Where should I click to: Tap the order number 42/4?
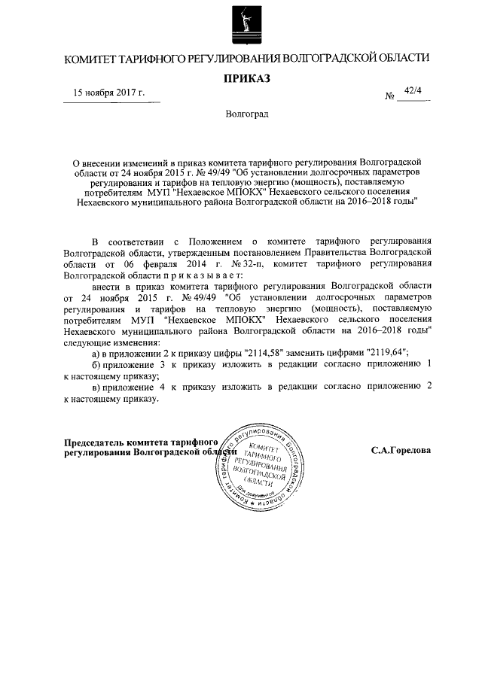(413, 91)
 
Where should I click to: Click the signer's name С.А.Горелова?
(401, 450)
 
